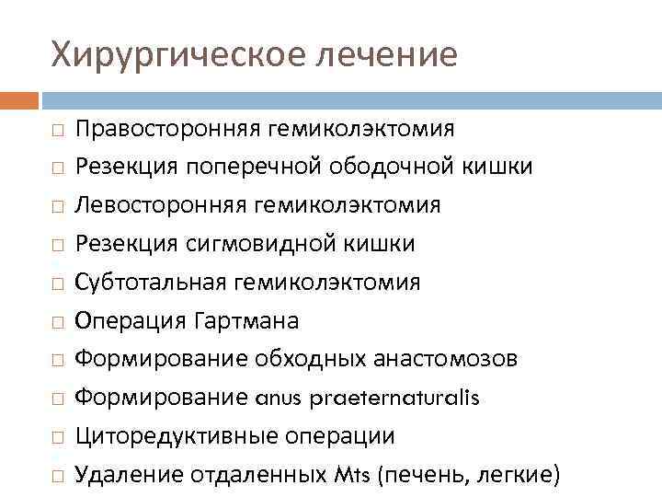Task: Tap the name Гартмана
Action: coord(247,320)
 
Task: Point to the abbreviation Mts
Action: coord(353,475)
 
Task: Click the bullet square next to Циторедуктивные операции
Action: coord(57,438)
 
